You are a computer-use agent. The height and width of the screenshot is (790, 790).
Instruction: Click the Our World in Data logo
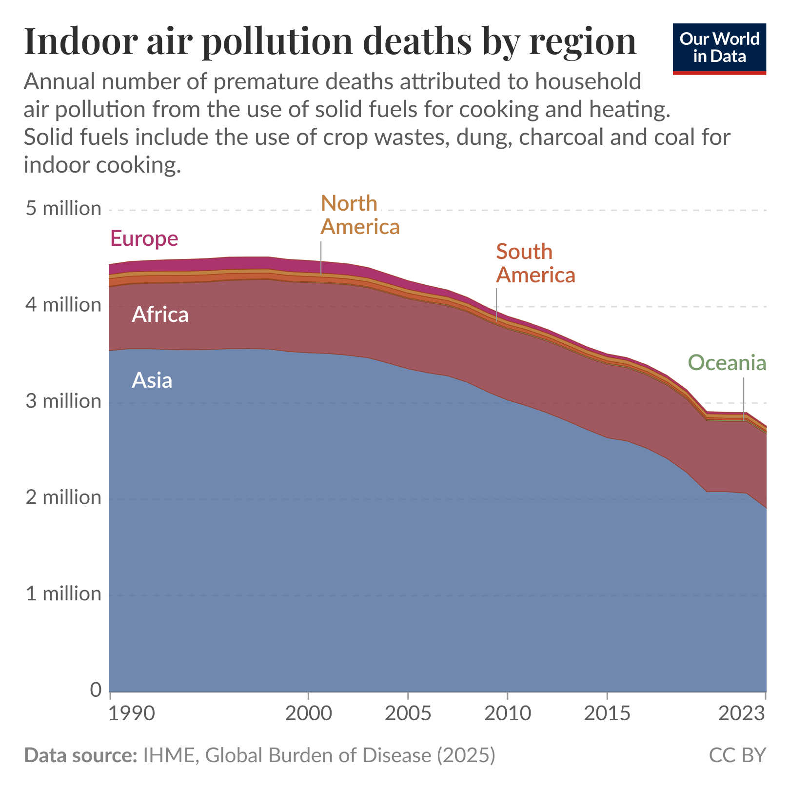pos(719,48)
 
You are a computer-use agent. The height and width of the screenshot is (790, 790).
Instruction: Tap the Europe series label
pos(144,238)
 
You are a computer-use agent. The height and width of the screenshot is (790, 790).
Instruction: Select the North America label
pos(359,215)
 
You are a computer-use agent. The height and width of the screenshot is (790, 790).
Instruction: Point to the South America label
pos(535,263)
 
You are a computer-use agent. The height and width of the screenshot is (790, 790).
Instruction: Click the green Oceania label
pos(727,363)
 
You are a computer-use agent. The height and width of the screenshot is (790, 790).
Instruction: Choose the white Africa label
pos(160,315)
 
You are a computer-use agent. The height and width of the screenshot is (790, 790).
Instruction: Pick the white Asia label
pos(152,380)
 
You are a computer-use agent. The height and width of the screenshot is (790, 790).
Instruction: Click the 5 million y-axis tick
pos(63,209)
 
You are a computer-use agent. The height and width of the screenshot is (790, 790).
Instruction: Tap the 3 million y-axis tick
pos(63,401)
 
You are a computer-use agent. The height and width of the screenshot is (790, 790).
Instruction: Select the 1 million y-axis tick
pos(63,594)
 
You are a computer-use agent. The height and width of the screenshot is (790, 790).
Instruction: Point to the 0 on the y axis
pos(96,690)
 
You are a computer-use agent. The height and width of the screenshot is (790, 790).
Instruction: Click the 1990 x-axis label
pos(131,713)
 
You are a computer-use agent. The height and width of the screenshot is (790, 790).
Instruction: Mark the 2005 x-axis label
pos(408,713)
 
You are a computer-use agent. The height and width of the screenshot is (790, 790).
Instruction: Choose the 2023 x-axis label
pos(742,713)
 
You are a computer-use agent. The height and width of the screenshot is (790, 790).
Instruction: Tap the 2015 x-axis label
pos(607,713)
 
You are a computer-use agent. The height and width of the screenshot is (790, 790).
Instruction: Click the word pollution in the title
pos(276,41)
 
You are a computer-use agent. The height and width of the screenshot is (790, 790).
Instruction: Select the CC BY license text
pos(737,755)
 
